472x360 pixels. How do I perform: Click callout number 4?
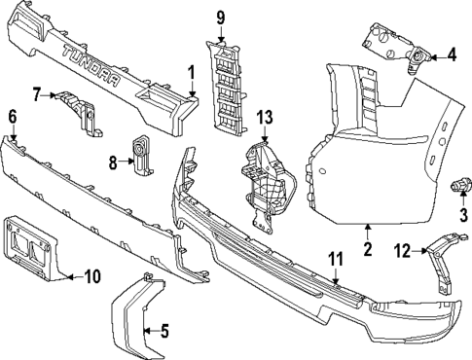click(452, 54)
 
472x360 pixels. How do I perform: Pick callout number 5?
click(164, 330)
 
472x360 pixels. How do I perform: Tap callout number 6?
click(13, 117)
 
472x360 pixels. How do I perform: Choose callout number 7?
click(38, 94)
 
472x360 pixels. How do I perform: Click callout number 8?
click(113, 162)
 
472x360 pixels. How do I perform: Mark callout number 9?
click(220, 18)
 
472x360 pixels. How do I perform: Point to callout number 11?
click(335, 259)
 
